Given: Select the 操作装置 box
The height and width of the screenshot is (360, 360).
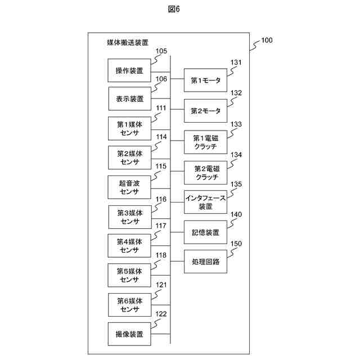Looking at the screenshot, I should point(129,70).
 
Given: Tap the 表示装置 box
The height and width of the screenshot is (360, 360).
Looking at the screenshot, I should point(129,99).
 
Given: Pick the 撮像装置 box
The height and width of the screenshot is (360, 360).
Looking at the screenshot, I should point(129,334).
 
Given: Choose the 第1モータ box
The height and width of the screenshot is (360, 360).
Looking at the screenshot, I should point(206,81).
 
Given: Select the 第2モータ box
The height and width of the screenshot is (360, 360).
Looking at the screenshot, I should point(206,111).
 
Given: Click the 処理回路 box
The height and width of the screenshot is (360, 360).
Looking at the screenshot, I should point(206,262).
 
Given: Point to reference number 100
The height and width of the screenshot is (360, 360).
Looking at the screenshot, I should point(267,40).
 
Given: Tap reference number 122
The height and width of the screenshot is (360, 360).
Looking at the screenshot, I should point(161,314).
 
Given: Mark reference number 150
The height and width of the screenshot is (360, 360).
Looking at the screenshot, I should point(236,244).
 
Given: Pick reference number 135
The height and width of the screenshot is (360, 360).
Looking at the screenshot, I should point(236,184).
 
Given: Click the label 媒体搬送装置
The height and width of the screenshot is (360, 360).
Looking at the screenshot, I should point(128,42).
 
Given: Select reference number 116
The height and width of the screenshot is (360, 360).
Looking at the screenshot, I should point(161,199).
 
